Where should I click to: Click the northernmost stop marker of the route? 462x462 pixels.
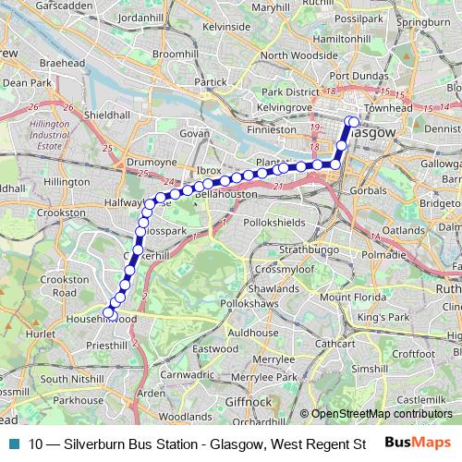pyautogui.click(x=352, y=121)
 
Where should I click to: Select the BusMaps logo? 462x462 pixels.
pyautogui.click(x=418, y=443)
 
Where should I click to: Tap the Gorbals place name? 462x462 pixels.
pyautogui.click(x=370, y=190)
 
